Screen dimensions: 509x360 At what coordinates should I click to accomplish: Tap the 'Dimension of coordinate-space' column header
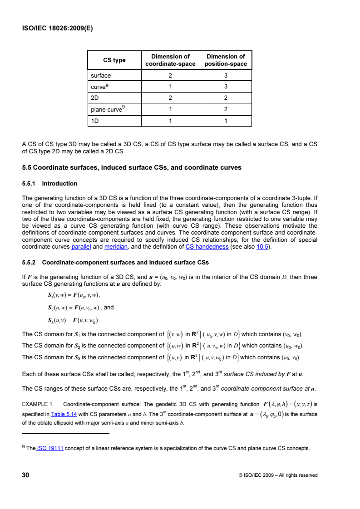(x=170, y=60)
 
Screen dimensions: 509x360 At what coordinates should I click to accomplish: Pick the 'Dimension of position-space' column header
(x=226, y=60)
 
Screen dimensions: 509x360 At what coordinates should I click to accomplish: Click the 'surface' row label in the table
(x=101, y=75)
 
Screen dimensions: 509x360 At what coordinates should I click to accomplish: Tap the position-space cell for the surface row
(x=226, y=75)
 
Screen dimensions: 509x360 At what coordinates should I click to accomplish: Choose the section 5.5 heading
(x=132, y=167)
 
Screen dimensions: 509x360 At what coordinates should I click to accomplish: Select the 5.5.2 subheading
(x=115, y=262)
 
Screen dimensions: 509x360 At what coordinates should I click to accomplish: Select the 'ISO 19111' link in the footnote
(x=50, y=449)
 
